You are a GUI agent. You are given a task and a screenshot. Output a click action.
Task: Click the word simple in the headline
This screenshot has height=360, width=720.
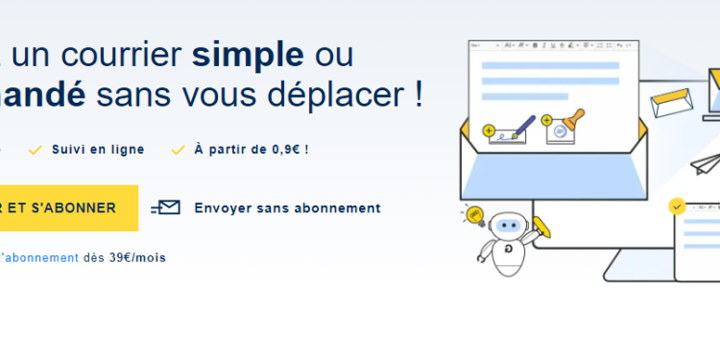click(248, 55)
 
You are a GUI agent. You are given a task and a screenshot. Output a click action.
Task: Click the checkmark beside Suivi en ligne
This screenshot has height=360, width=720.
click(36, 150)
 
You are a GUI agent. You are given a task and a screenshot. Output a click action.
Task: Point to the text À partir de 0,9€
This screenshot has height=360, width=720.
click(251, 150)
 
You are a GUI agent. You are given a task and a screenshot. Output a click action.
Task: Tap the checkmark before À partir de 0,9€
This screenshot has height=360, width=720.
click(177, 150)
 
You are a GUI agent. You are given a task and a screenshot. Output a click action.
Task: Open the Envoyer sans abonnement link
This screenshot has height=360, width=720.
click(287, 207)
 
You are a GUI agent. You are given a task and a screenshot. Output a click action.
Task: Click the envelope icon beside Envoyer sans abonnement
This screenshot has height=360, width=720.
click(167, 207)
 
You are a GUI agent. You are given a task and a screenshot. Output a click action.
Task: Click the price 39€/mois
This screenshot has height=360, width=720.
click(137, 257)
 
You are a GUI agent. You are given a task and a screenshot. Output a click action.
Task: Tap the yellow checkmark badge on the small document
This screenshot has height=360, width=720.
click(678, 205)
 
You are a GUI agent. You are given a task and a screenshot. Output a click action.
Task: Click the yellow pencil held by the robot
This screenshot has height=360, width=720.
click(541, 228)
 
